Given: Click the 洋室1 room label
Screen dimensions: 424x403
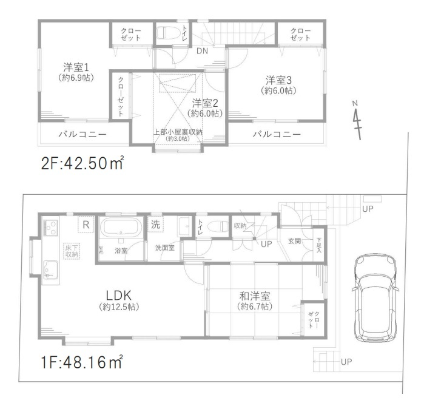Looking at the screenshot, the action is pyautogui.click(x=76, y=67).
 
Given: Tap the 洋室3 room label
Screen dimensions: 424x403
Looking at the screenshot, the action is pyautogui.click(x=278, y=80).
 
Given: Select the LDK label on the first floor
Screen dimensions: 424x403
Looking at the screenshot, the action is pyautogui.click(x=119, y=296).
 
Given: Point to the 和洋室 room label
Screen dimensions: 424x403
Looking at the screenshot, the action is pyautogui.click(x=255, y=296).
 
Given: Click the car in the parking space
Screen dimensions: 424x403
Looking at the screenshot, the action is pyautogui.click(x=375, y=298).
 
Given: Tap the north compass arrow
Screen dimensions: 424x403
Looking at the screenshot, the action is pyautogui.click(x=357, y=120).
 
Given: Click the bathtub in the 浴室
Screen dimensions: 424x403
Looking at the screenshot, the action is pyautogui.click(x=121, y=227).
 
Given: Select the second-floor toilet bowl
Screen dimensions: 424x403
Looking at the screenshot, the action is pyautogui.click(x=168, y=33).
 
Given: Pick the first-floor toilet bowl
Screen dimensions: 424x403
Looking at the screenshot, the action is pyautogui.click(x=218, y=226).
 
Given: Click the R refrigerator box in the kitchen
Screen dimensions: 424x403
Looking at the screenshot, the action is pyautogui.click(x=86, y=225).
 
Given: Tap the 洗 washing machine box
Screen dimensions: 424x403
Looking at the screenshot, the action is pyautogui.click(x=155, y=225).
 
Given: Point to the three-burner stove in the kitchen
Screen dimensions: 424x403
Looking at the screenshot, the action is pyautogui.click(x=50, y=228).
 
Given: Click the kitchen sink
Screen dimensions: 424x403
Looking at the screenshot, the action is pyautogui.click(x=50, y=269).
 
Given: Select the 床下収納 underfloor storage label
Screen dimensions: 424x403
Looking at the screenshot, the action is pyautogui.click(x=72, y=251).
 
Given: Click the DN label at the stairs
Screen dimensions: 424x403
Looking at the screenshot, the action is pyautogui.click(x=202, y=51).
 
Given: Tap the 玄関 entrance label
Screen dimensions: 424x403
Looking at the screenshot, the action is pyautogui.click(x=294, y=240).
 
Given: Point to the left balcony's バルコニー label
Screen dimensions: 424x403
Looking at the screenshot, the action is pyautogui.click(x=82, y=134).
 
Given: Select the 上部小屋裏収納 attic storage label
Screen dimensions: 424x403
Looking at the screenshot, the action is pyautogui.click(x=178, y=132).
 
